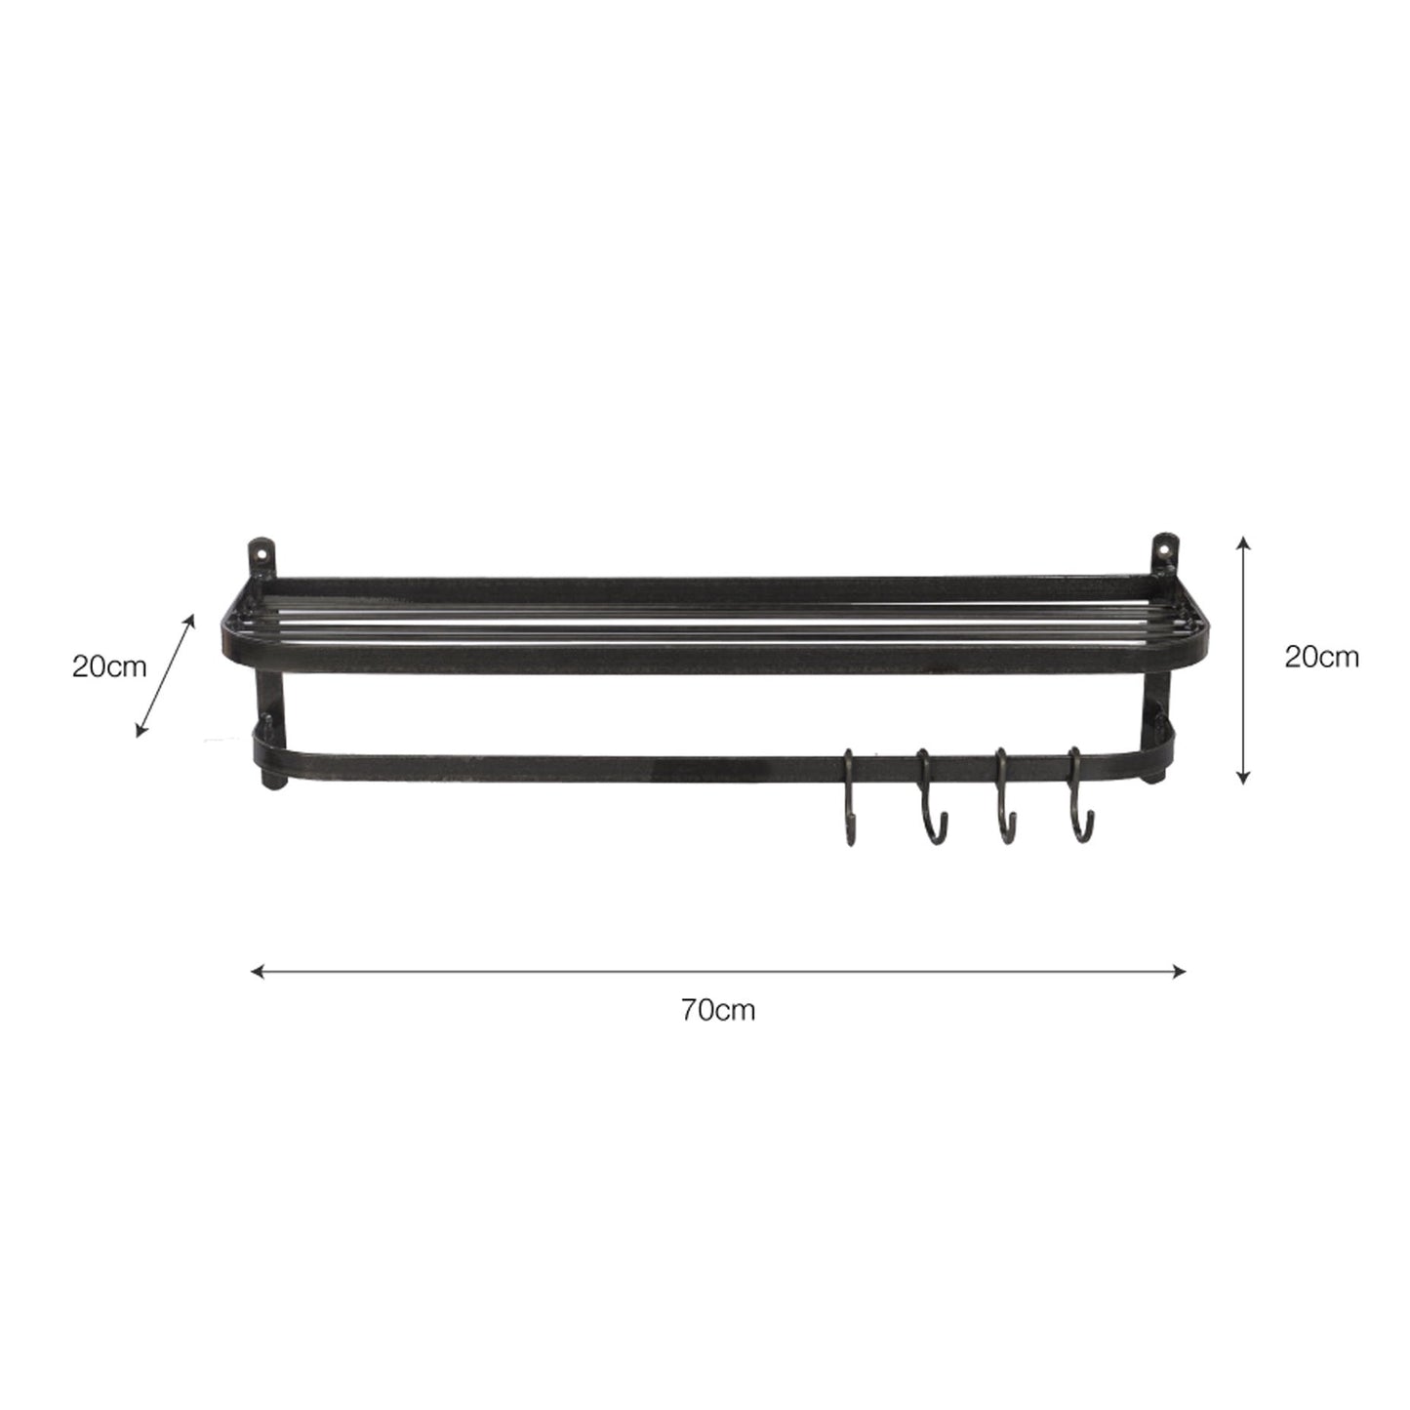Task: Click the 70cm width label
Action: pyautogui.click(x=718, y=1010)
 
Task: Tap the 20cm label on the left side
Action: pyautogui.click(x=109, y=667)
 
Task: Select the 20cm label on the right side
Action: pyautogui.click(x=1321, y=657)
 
